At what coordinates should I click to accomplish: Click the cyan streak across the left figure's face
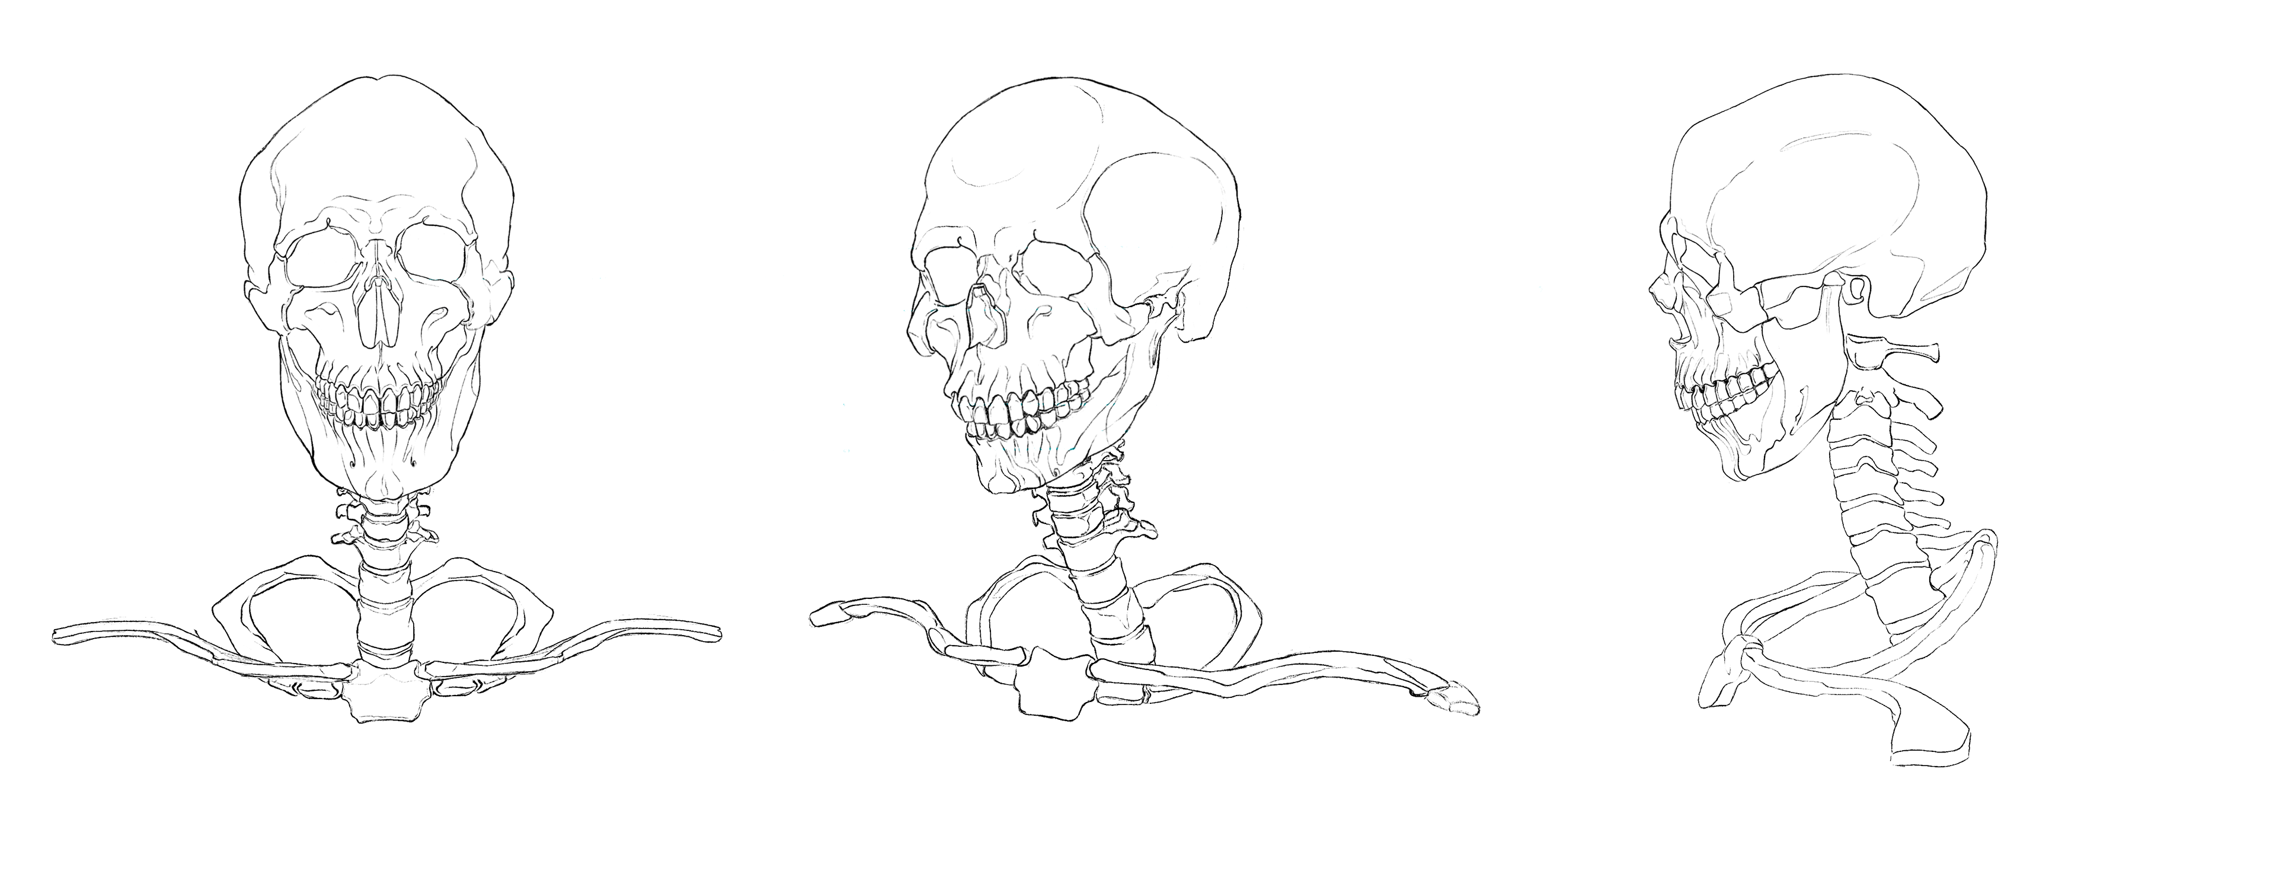(442, 279)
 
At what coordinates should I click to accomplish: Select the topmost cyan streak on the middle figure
(1078, 247)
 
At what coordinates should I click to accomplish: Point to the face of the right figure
(1802, 336)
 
